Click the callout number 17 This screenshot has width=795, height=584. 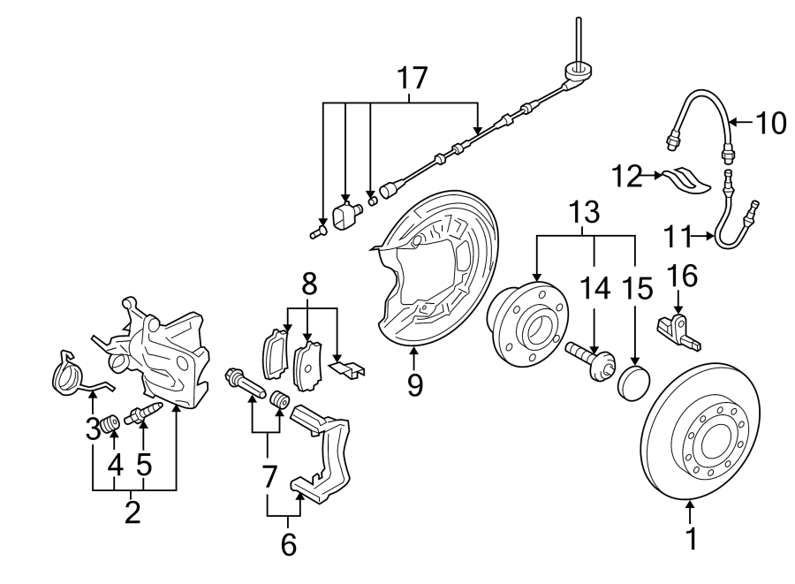coord(412,79)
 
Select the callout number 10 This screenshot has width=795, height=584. coord(770,122)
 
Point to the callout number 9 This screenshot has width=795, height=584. coord(415,385)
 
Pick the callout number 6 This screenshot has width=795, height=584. coord(288,544)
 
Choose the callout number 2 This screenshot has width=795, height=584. coord(132,512)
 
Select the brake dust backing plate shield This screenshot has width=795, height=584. coord(433,274)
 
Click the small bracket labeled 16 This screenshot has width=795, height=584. coord(678,328)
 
